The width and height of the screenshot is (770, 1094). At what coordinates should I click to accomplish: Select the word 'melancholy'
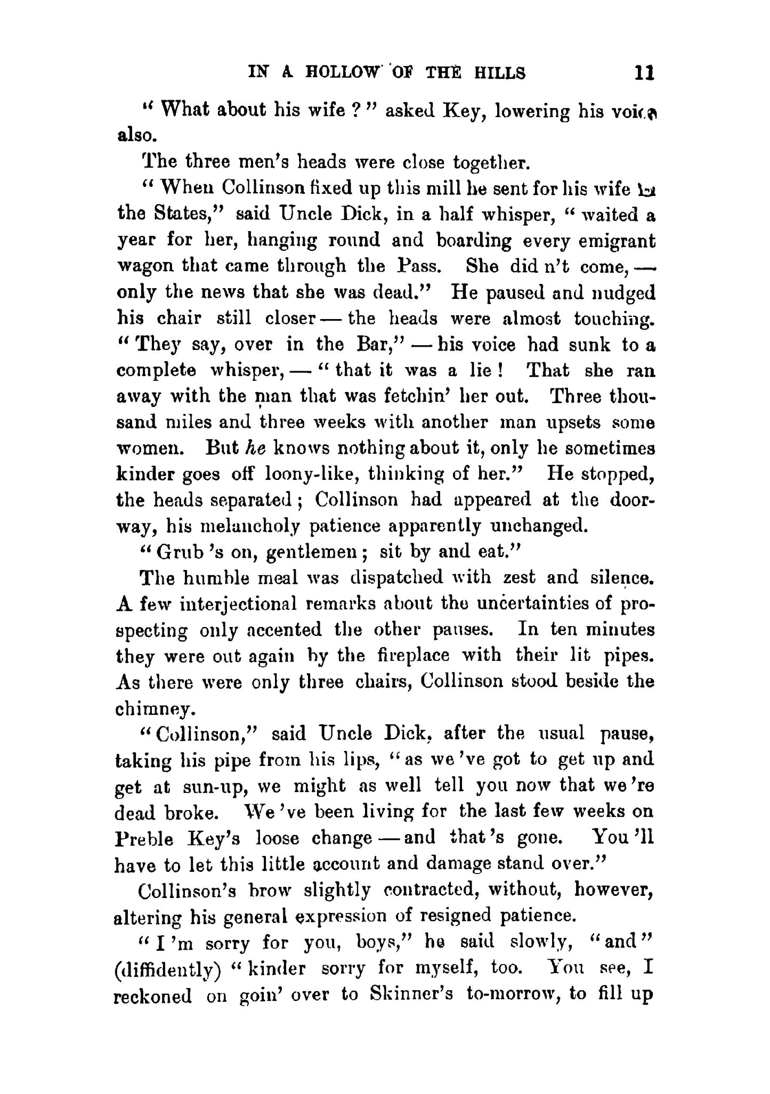coord(244,526)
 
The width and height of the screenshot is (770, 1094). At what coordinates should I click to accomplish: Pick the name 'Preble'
coord(144,839)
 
